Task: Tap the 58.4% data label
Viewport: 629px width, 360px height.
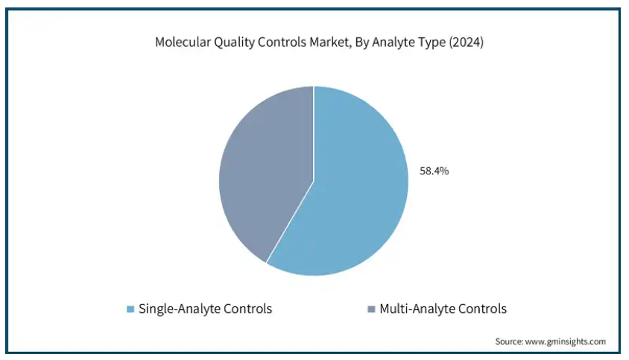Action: pyautogui.click(x=434, y=171)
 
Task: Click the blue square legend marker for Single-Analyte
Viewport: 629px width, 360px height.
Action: pyautogui.click(x=130, y=309)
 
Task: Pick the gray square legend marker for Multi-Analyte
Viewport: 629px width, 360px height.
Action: pyautogui.click(x=371, y=309)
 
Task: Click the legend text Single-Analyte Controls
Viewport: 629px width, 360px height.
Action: pyautogui.click(x=205, y=309)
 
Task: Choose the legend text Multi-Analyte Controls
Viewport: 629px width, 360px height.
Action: pyautogui.click(x=443, y=309)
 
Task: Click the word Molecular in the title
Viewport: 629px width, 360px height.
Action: pyautogui.click(x=183, y=42)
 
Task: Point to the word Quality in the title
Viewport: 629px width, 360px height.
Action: pyautogui.click(x=234, y=42)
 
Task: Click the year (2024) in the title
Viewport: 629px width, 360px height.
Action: pyautogui.click(x=466, y=42)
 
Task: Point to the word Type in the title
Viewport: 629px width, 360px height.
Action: pyautogui.click(x=433, y=42)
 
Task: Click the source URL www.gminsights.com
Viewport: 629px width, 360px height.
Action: pyautogui.click(x=566, y=341)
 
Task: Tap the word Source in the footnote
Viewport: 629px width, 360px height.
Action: pyautogui.click(x=509, y=341)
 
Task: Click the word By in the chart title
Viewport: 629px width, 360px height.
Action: pyautogui.click(x=362, y=42)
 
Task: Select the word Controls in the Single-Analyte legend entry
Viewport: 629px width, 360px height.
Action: pyautogui.click(x=247, y=309)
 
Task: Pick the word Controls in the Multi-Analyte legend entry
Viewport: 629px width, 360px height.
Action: pyautogui.click(x=482, y=309)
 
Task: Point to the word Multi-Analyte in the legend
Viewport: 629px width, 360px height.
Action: pyautogui.click(x=417, y=309)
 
